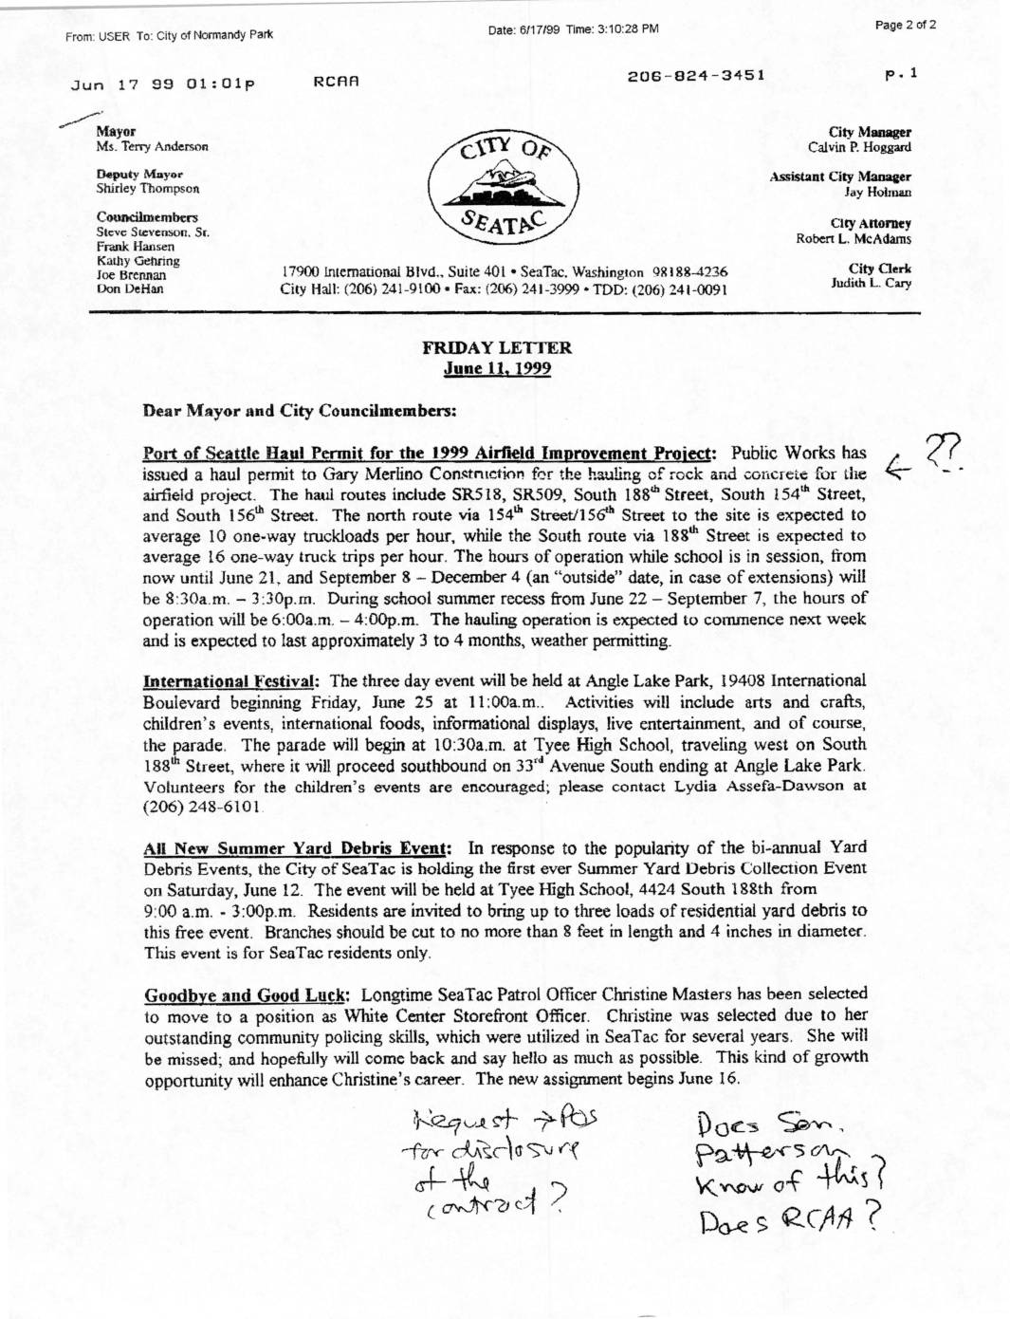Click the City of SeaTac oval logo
tap(503, 186)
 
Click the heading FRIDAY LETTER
tap(497, 348)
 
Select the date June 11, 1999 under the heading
tap(497, 369)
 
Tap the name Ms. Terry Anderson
tap(152, 147)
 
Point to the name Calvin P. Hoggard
tap(859, 148)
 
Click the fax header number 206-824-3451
tap(695, 75)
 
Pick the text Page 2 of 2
tap(906, 26)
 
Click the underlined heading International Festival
tap(230, 681)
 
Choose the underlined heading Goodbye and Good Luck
tap(248, 995)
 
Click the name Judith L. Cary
tap(871, 284)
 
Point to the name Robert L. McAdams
tap(854, 239)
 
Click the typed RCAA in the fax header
tap(336, 83)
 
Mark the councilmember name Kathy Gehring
tap(138, 261)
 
